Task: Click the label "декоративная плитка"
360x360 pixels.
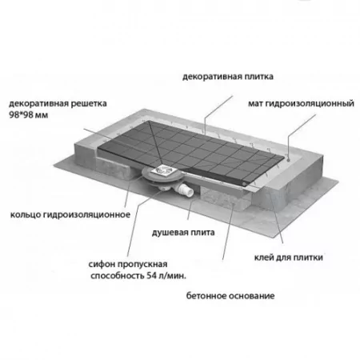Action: click(x=228, y=77)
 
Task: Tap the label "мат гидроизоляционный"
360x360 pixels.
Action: click(x=301, y=103)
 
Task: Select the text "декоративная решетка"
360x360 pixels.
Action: click(x=58, y=103)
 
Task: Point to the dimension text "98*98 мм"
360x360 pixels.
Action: click(x=29, y=115)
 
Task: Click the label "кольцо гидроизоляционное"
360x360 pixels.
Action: click(x=70, y=214)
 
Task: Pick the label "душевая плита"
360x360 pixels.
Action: click(x=183, y=233)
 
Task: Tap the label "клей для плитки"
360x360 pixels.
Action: click(x=289, y=258)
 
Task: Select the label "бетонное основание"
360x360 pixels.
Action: click(x=230, y=296)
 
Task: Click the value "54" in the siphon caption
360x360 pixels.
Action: click(x=151, y=276)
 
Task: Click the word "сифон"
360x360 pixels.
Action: click(x=102, y=264)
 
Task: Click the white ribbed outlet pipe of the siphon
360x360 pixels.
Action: click(x=186, y=190)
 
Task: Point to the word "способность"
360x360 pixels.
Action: click(x=117, y=276)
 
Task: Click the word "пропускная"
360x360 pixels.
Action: click(x=142, y=265)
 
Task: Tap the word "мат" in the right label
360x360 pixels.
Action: click(x=255, y=103)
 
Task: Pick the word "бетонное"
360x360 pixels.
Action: click(x=206, y=296)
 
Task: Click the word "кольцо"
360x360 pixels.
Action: click(x=25, y=214)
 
